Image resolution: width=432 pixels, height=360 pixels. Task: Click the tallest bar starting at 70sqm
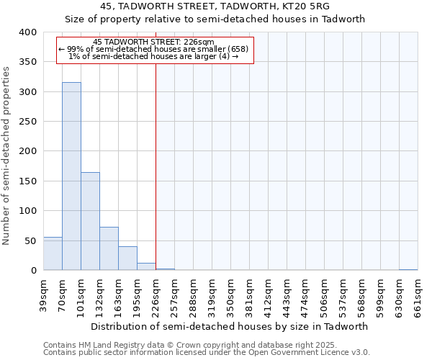(71, 176)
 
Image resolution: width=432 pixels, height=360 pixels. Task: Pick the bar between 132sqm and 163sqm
(109, 248)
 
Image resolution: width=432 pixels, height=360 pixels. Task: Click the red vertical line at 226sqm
(156, 166)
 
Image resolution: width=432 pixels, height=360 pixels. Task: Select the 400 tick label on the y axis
(27, 32)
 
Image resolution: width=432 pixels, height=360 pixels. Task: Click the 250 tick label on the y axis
(27, 122)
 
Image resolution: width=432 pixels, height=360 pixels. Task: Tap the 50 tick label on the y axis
(30, 240)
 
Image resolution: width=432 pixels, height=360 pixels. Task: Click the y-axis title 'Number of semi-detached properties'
(6, 155)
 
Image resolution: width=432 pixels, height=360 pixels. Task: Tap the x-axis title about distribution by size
(230, 326)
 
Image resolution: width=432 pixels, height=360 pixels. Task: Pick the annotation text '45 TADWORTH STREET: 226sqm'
(154, 42)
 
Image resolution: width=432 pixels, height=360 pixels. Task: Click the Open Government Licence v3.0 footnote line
(206, 352)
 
